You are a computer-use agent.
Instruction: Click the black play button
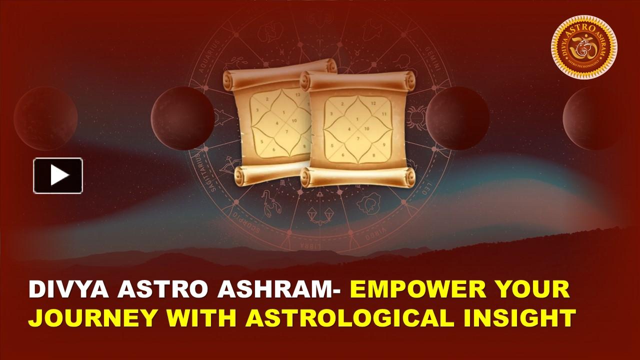point(58,175)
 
